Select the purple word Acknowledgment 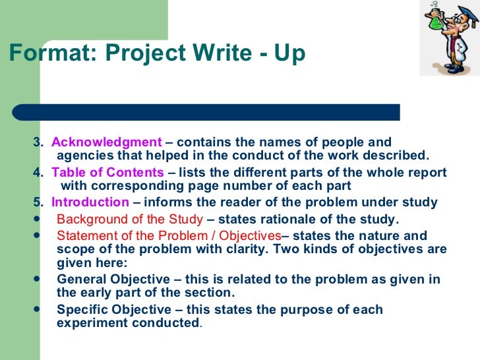pos(107,142)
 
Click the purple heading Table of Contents pos(107,172)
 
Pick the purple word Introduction pos(90,202)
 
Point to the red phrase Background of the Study pos(130,220)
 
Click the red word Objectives pos(250,236)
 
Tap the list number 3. pos(38,142)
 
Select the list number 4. pos(38,172)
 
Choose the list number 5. pos(38,202)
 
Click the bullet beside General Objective pos(37,279)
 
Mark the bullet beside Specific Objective pos(37,309)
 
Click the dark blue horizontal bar pos(206,112)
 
